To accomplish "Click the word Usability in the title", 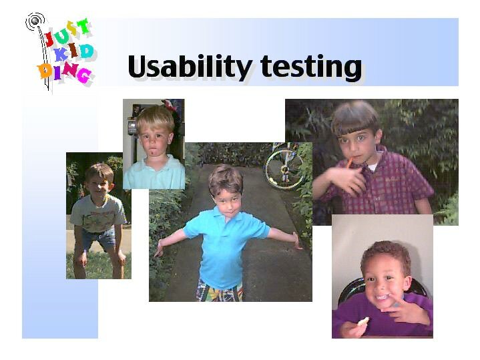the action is [x=190, y=67].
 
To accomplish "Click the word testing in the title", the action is [x=311, y=67].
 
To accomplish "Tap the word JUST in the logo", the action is [x=67, y=31].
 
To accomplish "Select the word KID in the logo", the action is [x=73, y=52].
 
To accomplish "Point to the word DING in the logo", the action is [x=64, y=73].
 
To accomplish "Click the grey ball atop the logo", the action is [x=35, y=21].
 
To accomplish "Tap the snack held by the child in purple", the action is [x=363, y=321].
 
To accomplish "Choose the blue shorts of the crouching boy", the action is [x=99, y=238].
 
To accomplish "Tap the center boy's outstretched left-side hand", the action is [x=159, y=248].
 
